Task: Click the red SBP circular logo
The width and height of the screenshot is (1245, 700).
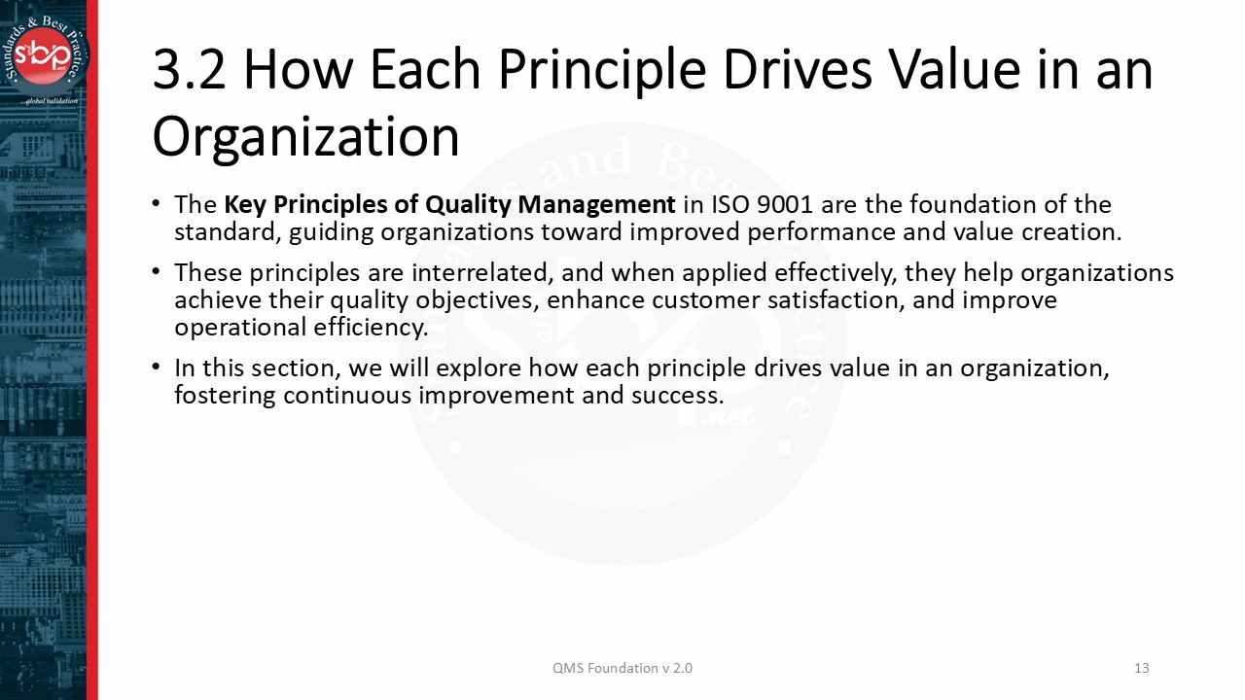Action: [42, 55]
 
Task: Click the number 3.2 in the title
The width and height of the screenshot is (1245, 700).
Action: [189, 70]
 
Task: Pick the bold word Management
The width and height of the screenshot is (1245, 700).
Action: [596, 205]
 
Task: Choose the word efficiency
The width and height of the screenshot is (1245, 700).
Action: [371, 328]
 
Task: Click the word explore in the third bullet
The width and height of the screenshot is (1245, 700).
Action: [478, 368]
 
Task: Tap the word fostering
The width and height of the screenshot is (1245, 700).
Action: [225, 396]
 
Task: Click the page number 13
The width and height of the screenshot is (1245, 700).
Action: [1142, 668]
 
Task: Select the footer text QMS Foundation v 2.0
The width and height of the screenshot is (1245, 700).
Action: [622, 668]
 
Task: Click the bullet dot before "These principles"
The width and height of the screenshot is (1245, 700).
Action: [157, 271]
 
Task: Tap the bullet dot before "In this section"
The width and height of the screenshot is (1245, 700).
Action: [157, 367]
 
